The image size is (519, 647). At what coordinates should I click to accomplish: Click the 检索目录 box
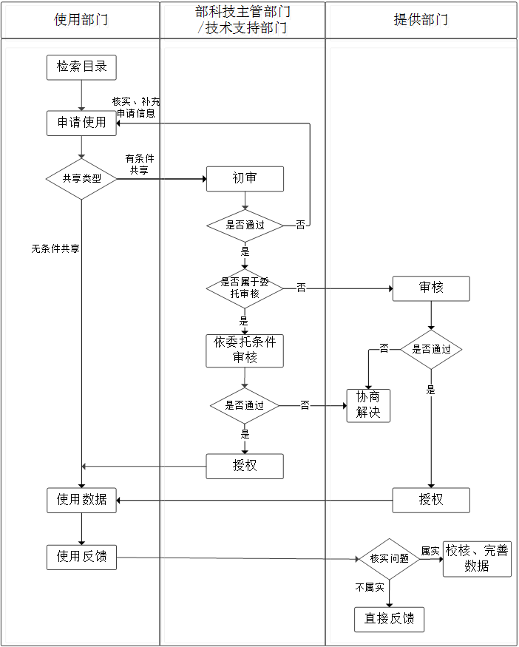tap(81, 67)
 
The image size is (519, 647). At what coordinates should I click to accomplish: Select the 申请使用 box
tap(81, 123)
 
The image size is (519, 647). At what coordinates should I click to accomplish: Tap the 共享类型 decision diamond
tap(81, 178)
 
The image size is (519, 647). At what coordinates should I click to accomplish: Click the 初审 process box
tap(245, 178)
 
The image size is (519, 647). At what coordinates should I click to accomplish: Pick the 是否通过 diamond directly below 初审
tap(245, 225)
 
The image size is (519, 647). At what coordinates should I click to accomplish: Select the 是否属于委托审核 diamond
tap(245, 288)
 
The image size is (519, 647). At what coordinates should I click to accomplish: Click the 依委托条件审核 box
tap(245, 350)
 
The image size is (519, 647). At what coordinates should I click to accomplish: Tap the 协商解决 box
tap(368, 404)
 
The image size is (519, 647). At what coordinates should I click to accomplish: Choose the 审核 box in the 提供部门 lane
tap(431, 288)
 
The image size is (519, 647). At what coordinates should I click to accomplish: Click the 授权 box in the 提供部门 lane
tap(431, 500)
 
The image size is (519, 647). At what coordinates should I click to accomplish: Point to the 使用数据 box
tap(81, 500)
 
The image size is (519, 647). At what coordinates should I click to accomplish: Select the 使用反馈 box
tap(81, 557)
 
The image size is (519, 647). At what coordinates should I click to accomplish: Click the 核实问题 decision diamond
tap(389, 558)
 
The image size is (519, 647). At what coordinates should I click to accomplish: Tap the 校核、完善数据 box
tap(477, 558)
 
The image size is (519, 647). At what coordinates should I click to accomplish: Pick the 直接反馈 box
tap(389, 619)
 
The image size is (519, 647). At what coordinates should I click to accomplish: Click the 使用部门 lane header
tap(81, 19)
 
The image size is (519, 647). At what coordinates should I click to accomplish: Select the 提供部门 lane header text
tap(421, 19)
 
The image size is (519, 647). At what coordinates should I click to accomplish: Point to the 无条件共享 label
tap(55, 249)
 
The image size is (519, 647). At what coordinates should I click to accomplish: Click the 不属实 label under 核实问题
tap(370, 587)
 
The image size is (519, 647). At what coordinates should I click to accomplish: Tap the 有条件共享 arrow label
tap(139, 164)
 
